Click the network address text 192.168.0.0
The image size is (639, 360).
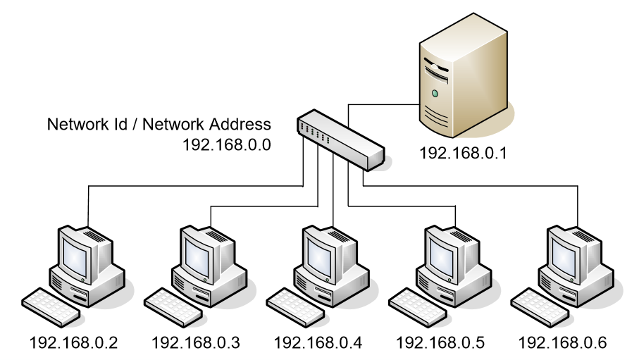(x=227, y=145)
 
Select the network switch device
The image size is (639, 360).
(x=341, y=140)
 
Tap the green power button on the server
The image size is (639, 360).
(x=435, y=92)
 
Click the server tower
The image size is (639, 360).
(x=461, y=77)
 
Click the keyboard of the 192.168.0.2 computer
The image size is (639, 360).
(x=49, y=303)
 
